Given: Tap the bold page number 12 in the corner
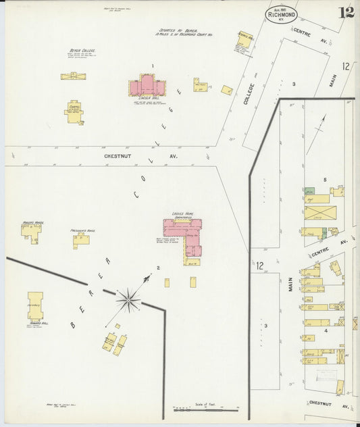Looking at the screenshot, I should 346,11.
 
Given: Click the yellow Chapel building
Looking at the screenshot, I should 74,112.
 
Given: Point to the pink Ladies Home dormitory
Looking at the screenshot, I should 184,236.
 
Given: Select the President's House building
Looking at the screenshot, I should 82,239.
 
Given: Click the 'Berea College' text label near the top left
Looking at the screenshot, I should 80,51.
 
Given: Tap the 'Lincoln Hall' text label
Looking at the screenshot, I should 148,98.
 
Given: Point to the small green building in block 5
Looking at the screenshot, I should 309,192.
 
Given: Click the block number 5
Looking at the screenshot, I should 325,179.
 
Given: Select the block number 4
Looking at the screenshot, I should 326,331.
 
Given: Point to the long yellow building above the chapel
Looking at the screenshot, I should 73,76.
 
